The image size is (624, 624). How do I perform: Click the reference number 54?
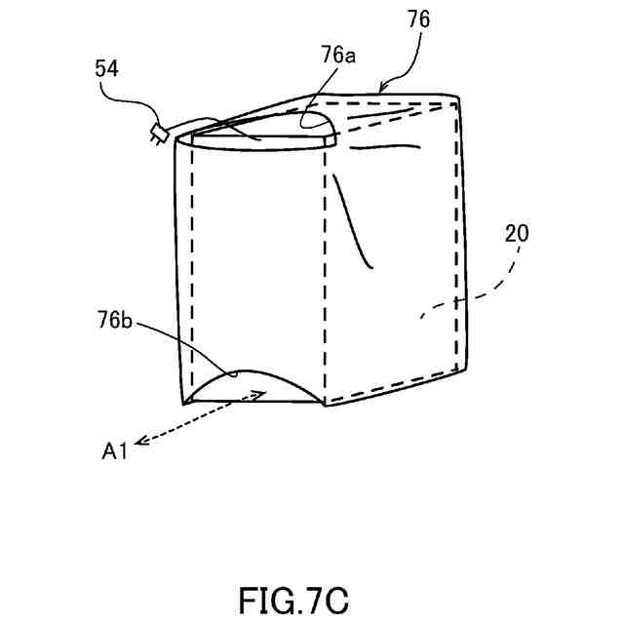108,68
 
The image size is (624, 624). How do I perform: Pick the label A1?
115,450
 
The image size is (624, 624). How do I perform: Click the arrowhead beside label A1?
139,442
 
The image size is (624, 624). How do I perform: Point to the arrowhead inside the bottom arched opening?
260,393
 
